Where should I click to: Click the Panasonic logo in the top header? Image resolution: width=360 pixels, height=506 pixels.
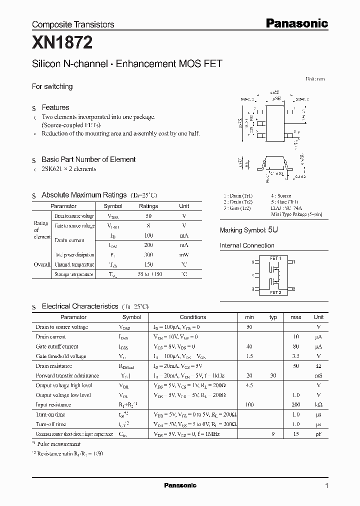pyautogui.click(x=296, y=23)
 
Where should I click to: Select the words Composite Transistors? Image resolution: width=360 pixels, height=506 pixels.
pyautogui.click(x=73, y=24)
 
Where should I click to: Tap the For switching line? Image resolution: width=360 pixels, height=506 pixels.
pyautogui.click(x=52, y=86)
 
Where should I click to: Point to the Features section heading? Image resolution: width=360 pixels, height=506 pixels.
pyautogui.click(x=55, y=107)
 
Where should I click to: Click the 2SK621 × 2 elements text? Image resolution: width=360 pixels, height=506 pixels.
pyautogui.click(x=69, y=169)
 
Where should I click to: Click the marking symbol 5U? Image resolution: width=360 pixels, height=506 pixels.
pyautogui.click(x=272, y=230)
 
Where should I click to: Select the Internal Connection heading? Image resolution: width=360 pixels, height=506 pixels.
pyautogui.click(x=247, y=245)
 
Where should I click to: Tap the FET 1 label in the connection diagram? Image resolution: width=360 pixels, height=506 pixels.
pyautogui.click(x=275, y=258)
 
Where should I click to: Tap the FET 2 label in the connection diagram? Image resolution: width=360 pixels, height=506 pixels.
pyautogui.click(x=275, y=292)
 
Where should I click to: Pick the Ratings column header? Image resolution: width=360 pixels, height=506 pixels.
pyautogui.click(x=148, y=206)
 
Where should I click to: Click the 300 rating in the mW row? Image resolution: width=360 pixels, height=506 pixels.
pyautogui.click(x=148, y=255)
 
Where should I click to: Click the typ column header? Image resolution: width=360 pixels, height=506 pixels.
pyautogui.click(x=273, y=317)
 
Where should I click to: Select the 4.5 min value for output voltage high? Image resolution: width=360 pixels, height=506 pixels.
pyautogui.click(x=249, y=385)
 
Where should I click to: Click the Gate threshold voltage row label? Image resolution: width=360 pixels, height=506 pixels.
pyautogui.click(x=61, y=356)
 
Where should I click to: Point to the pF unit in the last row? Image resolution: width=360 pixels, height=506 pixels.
pyautogui.click(x=318, y=434)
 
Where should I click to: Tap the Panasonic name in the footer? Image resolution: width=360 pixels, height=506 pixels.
pyautogui.click(x=180, y=485)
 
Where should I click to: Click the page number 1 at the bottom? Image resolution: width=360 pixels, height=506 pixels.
pyautogui.click(x=326, y=486)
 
